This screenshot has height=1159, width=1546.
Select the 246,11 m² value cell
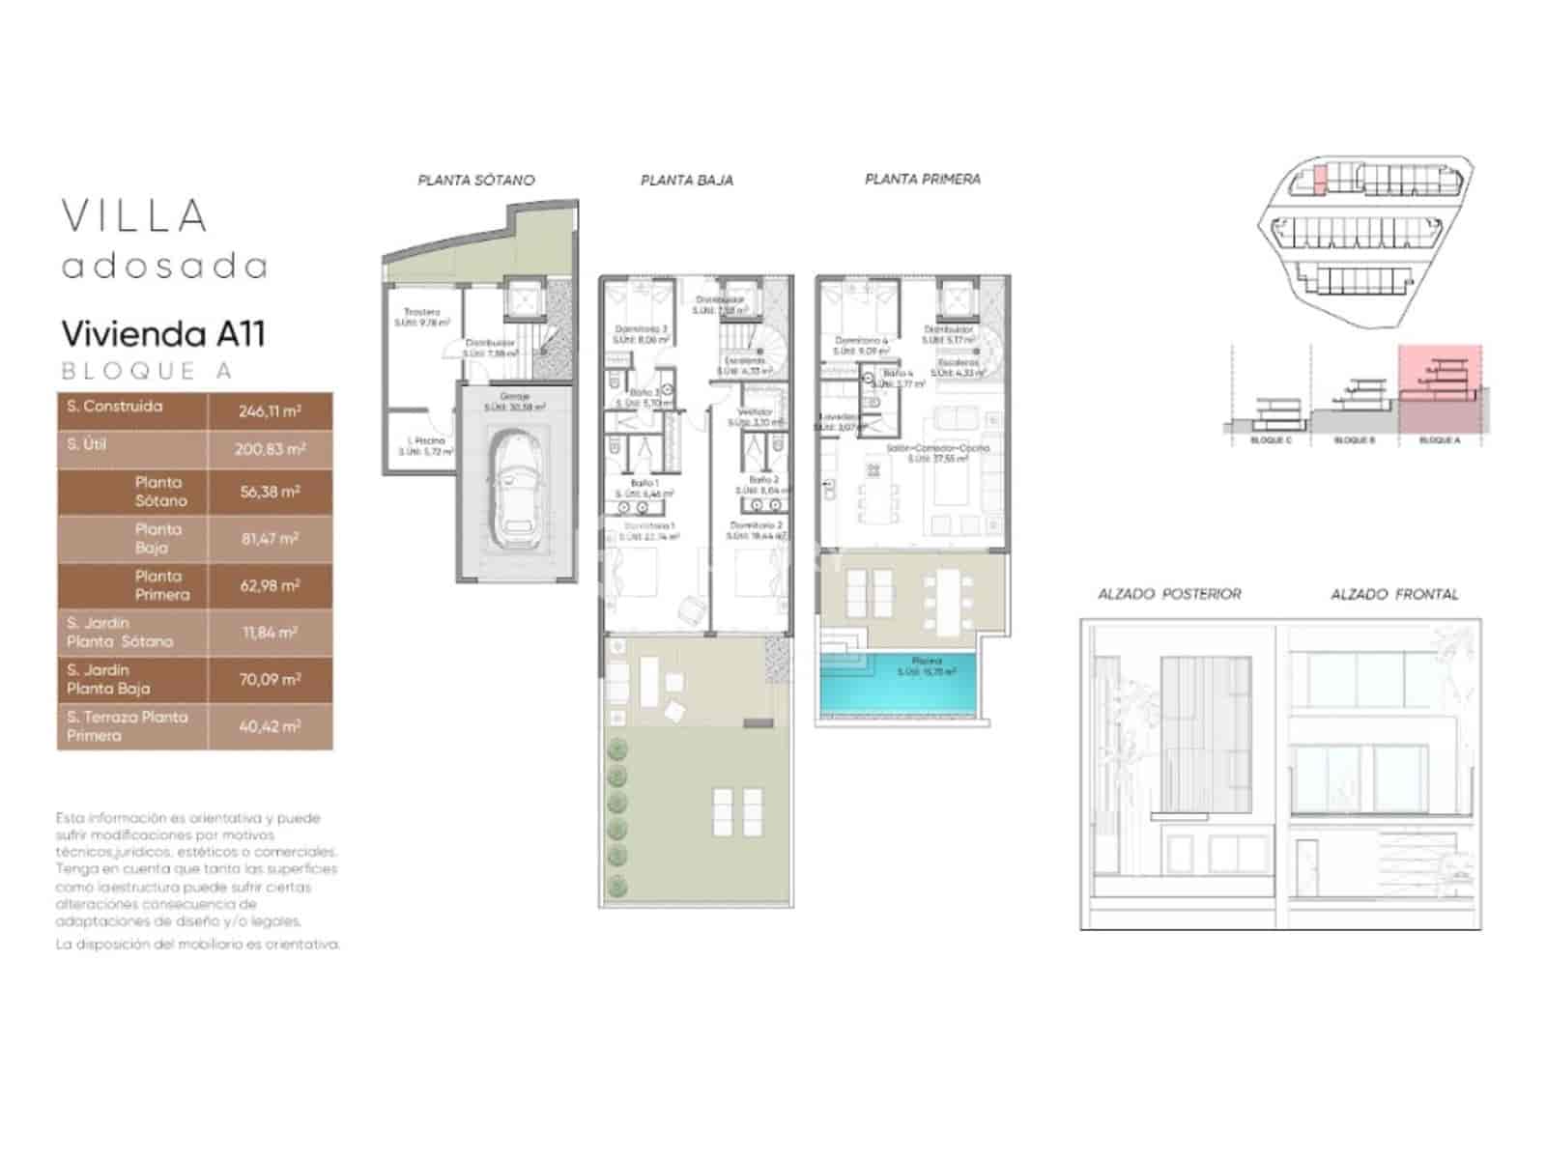click(270, 410)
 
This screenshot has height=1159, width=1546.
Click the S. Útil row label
click(87, 444)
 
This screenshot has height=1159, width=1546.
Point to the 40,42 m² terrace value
click(270, 726)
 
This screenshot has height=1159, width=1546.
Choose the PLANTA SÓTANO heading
click(475, 180)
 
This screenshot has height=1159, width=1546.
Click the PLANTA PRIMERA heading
click(922, 179)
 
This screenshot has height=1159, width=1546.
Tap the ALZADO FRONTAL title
click(1393, 594)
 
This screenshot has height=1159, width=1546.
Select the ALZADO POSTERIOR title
click(1168, 594)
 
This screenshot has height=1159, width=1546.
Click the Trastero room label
click(421, 312)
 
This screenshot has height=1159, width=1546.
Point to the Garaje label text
click(514, 397)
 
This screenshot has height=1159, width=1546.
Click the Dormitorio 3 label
click(641, 329)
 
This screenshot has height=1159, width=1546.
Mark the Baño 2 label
click(762, 480)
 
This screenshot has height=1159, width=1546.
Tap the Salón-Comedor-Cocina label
click(937, 449)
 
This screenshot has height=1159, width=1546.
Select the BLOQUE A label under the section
click(1439, 440)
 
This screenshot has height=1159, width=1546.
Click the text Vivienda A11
click(162, 334)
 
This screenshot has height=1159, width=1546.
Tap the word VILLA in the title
click(135, 216)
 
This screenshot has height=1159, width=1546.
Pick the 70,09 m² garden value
click(270, 679)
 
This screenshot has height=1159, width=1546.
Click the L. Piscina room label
click(426, 440)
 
